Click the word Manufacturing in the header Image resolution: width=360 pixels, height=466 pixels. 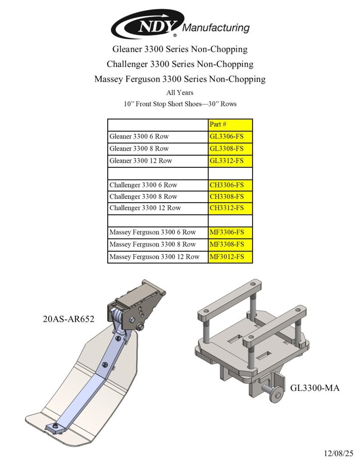click(x=216, y=28)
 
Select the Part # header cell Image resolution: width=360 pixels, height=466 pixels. click(x=230, y=124)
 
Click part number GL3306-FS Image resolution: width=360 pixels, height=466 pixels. click(x=230, y=136)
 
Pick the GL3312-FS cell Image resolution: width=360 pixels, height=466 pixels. click(x=230, y=161)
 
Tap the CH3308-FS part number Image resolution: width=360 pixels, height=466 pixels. click(x=230, y=196)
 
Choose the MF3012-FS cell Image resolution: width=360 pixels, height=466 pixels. click(x=230, y=257)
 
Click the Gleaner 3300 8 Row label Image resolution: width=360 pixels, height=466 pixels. click(x=139, y=148)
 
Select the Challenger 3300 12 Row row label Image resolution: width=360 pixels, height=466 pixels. click(x=145, y=208)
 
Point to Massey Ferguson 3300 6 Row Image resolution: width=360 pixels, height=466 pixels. click(x=152, y=232)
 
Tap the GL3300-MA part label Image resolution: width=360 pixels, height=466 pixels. click(x=315, y=388)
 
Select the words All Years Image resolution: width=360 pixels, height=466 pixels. click(x=180, y=92)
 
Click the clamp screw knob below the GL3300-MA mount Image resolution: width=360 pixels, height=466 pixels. click(x=275, y=395)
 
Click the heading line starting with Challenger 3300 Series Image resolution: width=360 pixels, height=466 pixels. click(x=180, y=64)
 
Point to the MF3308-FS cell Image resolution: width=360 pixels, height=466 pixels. click(x=230, y=244)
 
